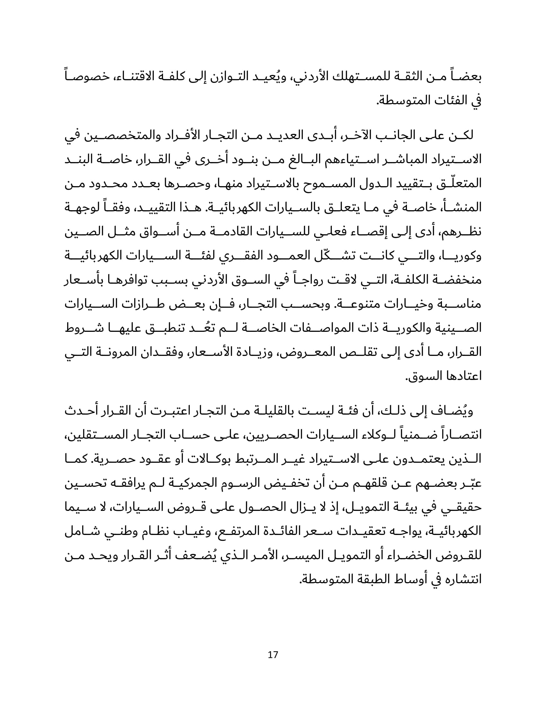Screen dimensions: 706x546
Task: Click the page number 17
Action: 273,655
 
